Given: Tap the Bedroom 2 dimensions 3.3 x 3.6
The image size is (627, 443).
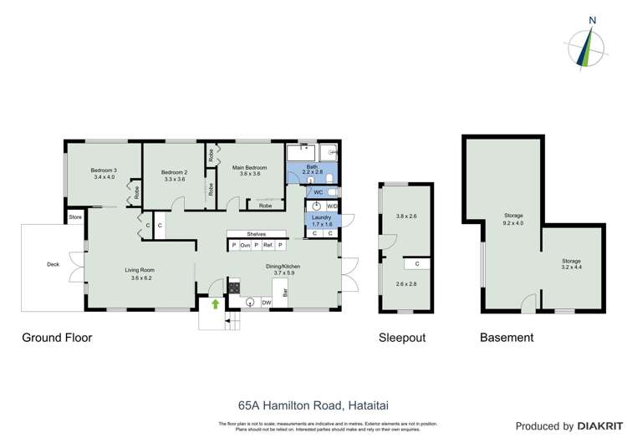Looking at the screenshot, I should point(174,179).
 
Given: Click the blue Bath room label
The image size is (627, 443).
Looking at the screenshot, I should point(312,166).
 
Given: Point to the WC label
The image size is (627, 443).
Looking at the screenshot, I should point(319,192).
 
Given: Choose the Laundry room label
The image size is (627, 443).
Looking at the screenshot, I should point(322,217).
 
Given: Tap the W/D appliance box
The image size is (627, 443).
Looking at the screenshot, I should point(332,206).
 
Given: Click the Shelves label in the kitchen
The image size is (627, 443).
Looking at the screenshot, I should point(257,234).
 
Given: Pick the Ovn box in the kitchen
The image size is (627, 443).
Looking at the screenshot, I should point(245,245).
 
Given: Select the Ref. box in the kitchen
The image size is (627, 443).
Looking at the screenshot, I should point(268,245).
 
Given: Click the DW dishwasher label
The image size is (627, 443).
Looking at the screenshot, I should point(266,303).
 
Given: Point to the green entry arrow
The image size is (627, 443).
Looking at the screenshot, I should point(215,304).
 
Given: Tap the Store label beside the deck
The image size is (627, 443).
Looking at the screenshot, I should point(76,217).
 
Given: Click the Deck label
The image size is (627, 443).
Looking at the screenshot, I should point(54,265).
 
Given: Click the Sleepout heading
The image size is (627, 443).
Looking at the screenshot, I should point(402,338).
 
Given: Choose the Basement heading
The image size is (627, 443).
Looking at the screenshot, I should point(506,338).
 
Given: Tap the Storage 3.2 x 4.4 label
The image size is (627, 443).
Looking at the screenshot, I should point(571,266).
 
